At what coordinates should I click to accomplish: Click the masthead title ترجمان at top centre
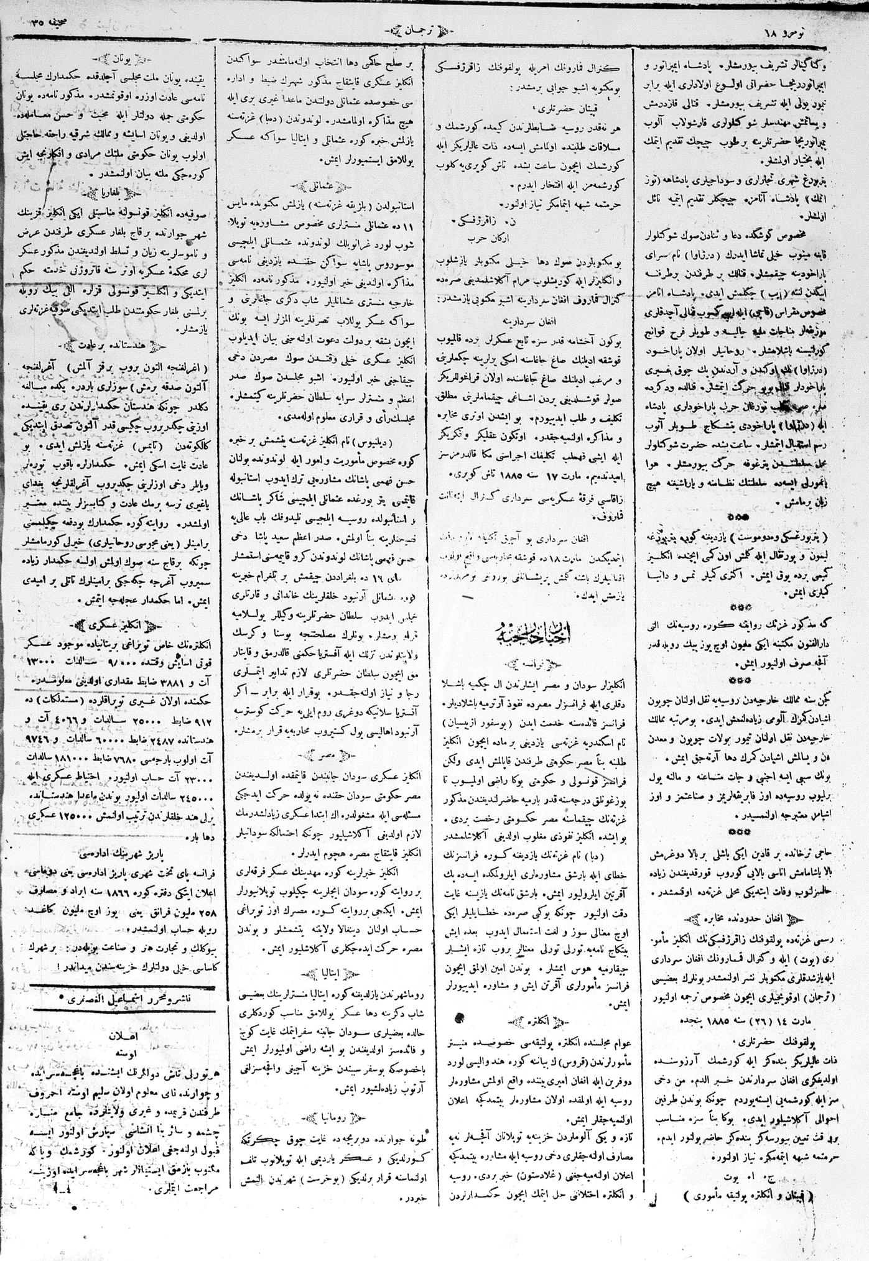pyautogui.click(x=417, y=30)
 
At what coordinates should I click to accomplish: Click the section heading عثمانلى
pyautogui.click(x=322, y=185)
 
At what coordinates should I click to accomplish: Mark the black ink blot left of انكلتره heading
pyautogui.click(x=460, y=1018)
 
